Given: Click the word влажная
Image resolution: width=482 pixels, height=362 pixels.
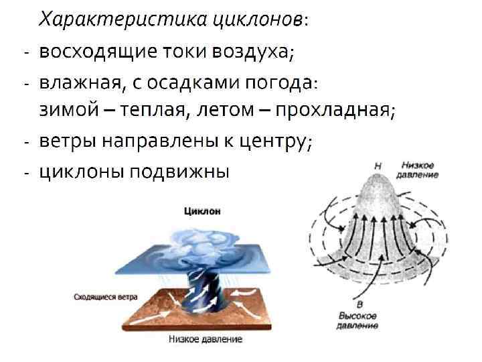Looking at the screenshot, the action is (79, 82).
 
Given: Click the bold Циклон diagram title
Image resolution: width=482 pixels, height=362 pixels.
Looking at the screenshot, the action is (202, 211).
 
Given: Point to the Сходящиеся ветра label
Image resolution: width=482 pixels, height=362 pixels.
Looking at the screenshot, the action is (101, 295).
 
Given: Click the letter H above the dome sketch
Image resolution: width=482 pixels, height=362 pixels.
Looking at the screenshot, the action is (378, 165).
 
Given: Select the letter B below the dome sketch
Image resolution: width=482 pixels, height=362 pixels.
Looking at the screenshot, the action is (358, 305).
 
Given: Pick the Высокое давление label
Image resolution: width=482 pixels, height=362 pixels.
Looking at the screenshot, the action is (358, 320).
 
